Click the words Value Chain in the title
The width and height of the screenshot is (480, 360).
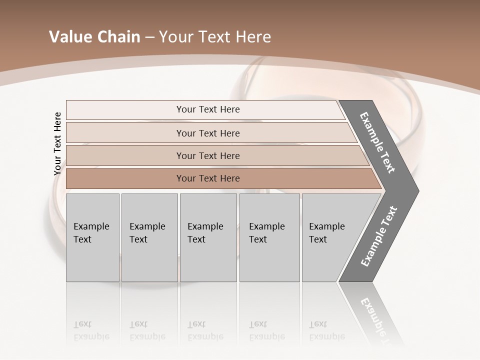[94, 37]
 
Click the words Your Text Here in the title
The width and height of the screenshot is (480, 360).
[215, 37]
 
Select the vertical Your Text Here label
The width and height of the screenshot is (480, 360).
[57, 143]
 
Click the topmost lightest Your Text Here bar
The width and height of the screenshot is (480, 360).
[207, 109]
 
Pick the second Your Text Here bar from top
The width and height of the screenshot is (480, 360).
[207, 133]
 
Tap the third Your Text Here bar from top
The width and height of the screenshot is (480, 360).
[207, 155]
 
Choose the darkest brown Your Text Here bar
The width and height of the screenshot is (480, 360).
[207, 178]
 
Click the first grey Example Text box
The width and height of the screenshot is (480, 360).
[92, 237]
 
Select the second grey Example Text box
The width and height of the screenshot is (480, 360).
[149, 237]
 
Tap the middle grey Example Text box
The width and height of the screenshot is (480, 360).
[208, 237]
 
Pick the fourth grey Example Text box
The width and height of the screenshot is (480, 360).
[269, 237]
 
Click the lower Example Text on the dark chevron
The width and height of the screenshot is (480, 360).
[379, 236]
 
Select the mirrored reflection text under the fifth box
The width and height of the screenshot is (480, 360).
[326, 330]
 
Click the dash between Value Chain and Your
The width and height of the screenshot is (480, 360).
[149, 37]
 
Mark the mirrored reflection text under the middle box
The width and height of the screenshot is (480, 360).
[205, 330]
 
